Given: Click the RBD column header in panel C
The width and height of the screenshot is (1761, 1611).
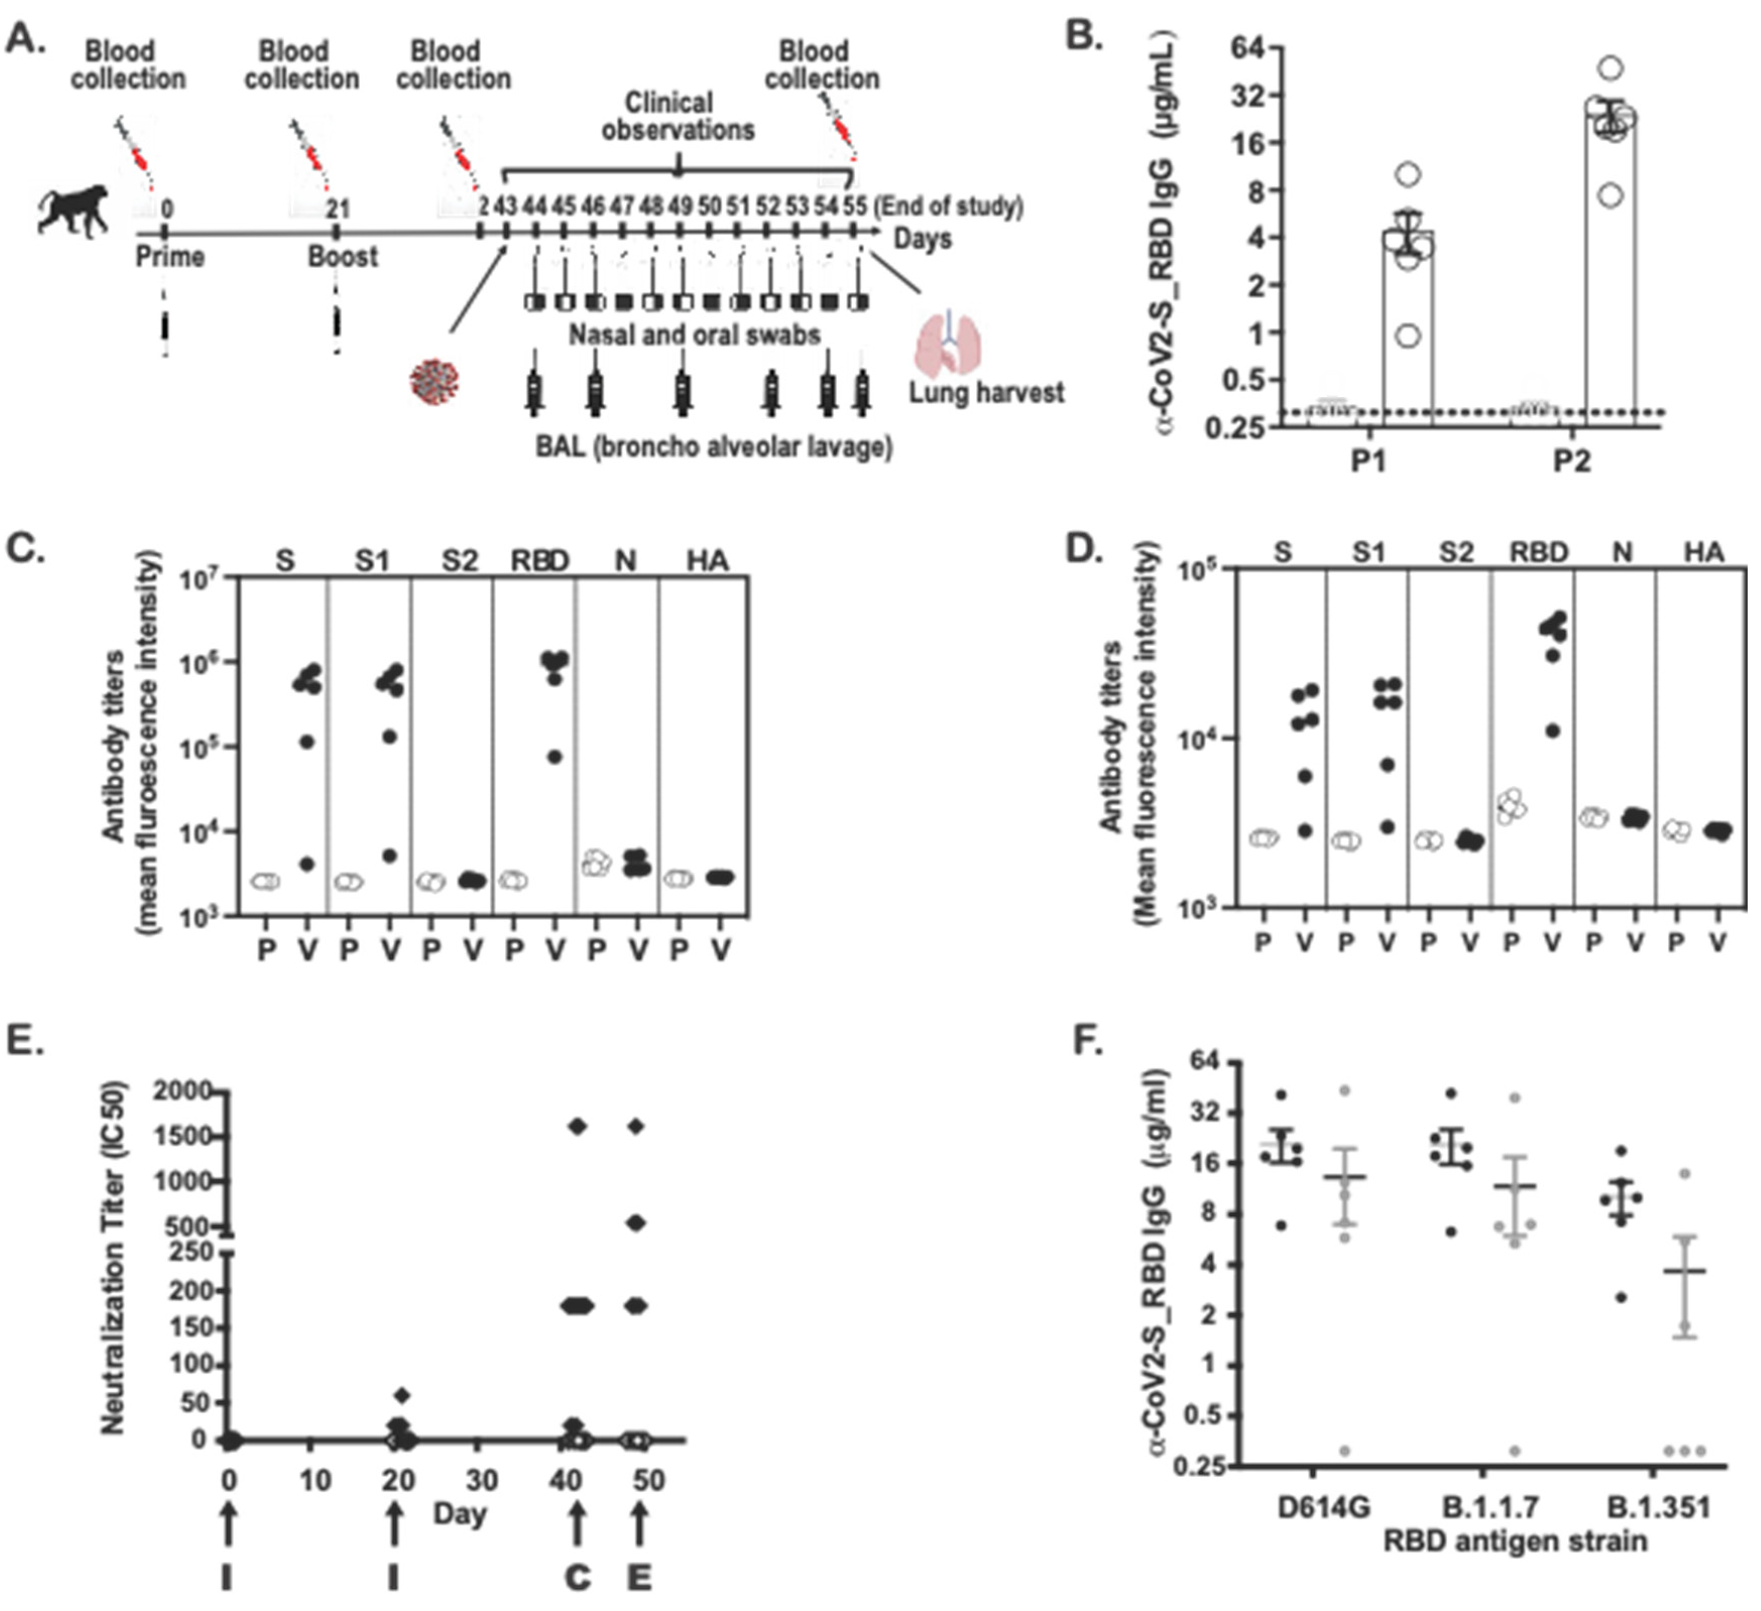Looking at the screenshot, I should [540, 561].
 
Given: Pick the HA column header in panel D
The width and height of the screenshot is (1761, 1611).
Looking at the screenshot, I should [1704, 553].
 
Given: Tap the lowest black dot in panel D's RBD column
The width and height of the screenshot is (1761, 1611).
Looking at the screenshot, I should [1552, 731].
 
